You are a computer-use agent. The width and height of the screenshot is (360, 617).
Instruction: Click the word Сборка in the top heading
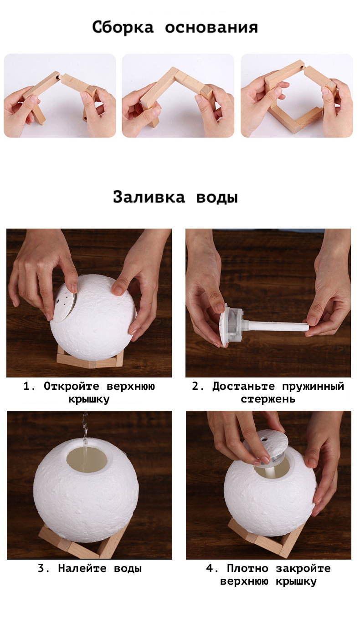[123, 27]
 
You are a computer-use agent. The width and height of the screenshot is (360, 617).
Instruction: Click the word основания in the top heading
[211, 28]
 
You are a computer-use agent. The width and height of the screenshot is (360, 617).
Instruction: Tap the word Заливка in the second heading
[149, 197]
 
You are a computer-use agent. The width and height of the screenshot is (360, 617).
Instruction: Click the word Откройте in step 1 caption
[72, 386]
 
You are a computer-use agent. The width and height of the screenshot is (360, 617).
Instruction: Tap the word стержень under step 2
[268, 399]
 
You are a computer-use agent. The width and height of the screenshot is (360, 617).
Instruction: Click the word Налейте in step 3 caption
[82, 568]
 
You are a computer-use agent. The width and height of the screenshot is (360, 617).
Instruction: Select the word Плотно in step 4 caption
[247, 568]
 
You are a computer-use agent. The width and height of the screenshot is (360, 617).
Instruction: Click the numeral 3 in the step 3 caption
[41, 568]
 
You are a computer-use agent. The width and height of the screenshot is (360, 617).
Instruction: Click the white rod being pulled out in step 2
[276, 326]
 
